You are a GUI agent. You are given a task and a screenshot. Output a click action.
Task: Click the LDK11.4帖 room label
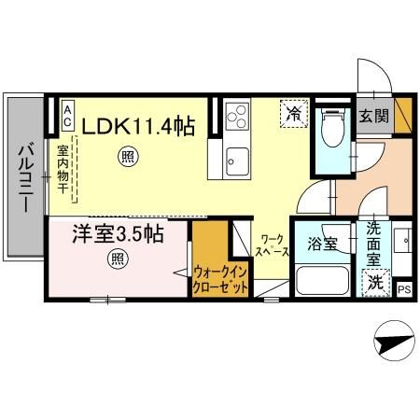(142, 124)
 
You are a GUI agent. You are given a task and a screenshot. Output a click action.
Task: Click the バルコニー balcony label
(25, 176)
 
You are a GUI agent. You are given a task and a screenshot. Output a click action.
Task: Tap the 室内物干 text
(63, 168)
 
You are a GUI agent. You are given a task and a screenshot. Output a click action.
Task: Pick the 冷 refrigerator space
(294, 116)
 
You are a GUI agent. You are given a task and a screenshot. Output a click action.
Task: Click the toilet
(329, 134)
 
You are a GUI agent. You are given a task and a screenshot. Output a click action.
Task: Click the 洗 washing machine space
(374, 281)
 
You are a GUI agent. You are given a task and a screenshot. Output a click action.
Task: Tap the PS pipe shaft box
(403, 288)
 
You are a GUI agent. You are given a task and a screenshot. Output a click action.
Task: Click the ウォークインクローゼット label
(220, 279)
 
